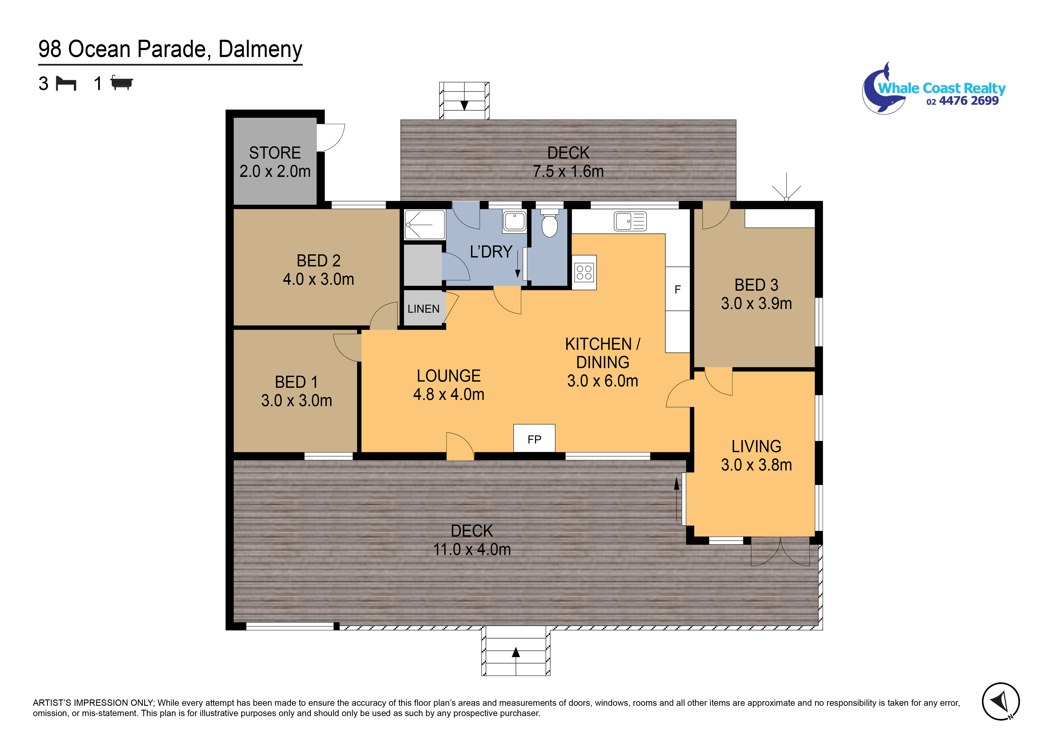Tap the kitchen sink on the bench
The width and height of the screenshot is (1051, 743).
tap(630, 221)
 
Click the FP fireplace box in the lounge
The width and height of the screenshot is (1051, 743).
tap(534, 438)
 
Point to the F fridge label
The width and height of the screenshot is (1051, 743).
tap(677, 290)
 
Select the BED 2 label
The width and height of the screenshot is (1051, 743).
tap(319, 261)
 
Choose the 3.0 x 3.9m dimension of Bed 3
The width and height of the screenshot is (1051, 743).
tap(756, 303)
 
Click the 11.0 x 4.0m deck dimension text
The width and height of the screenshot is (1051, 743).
tap(472, 549)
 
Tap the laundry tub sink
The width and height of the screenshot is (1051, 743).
tap(515, 221)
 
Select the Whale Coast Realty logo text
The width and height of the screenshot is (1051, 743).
tap(942, 88)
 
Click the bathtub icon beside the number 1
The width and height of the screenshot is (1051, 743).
tap(121, 83)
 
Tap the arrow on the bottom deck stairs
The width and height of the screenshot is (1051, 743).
tap(516, 652)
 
